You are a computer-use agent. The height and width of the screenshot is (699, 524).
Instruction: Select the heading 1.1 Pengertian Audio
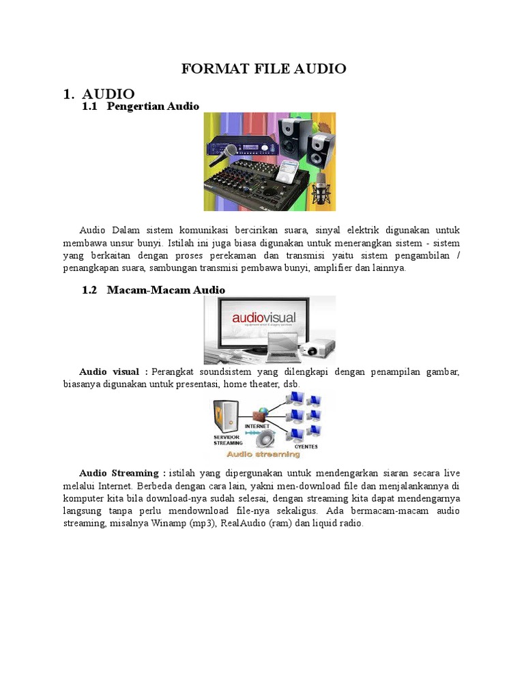(141, 106)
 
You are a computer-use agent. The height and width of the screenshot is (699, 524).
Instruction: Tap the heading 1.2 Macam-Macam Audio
(154, 289)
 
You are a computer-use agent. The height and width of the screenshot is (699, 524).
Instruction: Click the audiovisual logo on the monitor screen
(264, 318)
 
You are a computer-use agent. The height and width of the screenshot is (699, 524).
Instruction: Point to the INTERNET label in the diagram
(257, 427)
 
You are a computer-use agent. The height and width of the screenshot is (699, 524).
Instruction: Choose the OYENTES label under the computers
(306, 446)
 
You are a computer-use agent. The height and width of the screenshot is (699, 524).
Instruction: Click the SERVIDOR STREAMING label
(228, 440)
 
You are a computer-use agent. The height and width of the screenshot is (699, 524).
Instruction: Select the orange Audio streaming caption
(263, 454)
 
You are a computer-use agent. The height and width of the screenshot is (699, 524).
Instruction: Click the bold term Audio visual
(109, 372)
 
